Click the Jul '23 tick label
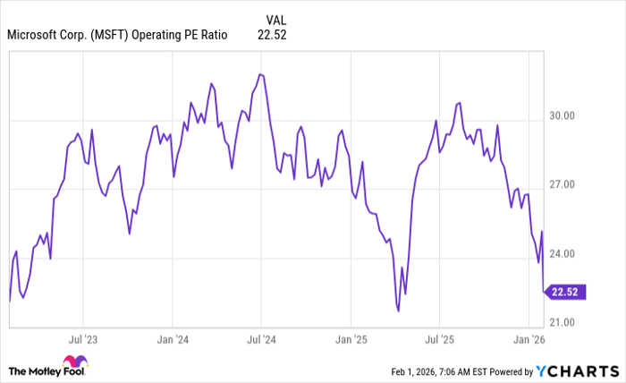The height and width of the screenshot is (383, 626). [x=82, y=339]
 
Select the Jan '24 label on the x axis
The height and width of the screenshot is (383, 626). [x=172, y=339]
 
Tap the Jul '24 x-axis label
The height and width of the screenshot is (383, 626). [x=260, y=339]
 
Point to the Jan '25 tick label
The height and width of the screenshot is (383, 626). [x=350, y=339]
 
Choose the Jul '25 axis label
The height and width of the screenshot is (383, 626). [x=438, y=339]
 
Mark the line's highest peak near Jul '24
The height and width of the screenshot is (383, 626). [x=259, y=74]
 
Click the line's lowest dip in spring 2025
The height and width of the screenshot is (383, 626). [x=397, y=311]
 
